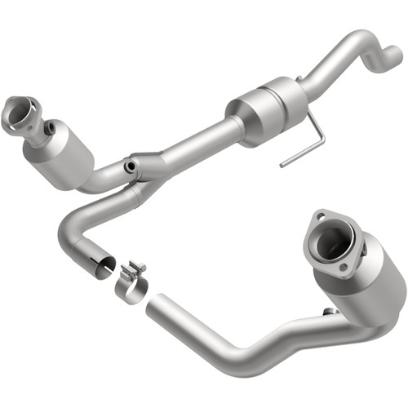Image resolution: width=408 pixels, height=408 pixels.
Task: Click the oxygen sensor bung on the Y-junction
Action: (x=130, y=166)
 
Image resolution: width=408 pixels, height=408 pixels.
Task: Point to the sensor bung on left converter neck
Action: (x=50, y=129)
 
